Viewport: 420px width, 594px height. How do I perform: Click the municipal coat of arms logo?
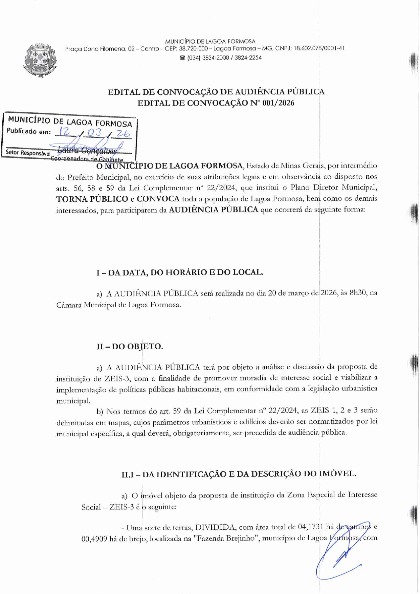(40, 60)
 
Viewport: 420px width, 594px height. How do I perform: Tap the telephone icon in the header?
(182, 58)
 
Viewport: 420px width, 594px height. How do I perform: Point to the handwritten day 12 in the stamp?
(63, 132)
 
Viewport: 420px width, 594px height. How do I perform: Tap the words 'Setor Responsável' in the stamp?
(28, 153)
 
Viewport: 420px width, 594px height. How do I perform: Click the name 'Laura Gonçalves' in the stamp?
(87, 150)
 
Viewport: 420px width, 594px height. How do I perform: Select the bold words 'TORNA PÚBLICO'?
(92, 199)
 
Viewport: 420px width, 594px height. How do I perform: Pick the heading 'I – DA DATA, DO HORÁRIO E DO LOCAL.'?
(180, 272)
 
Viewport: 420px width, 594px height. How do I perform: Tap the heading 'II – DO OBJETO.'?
(130, 347)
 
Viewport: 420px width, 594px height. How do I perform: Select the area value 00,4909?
(94, 539)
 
